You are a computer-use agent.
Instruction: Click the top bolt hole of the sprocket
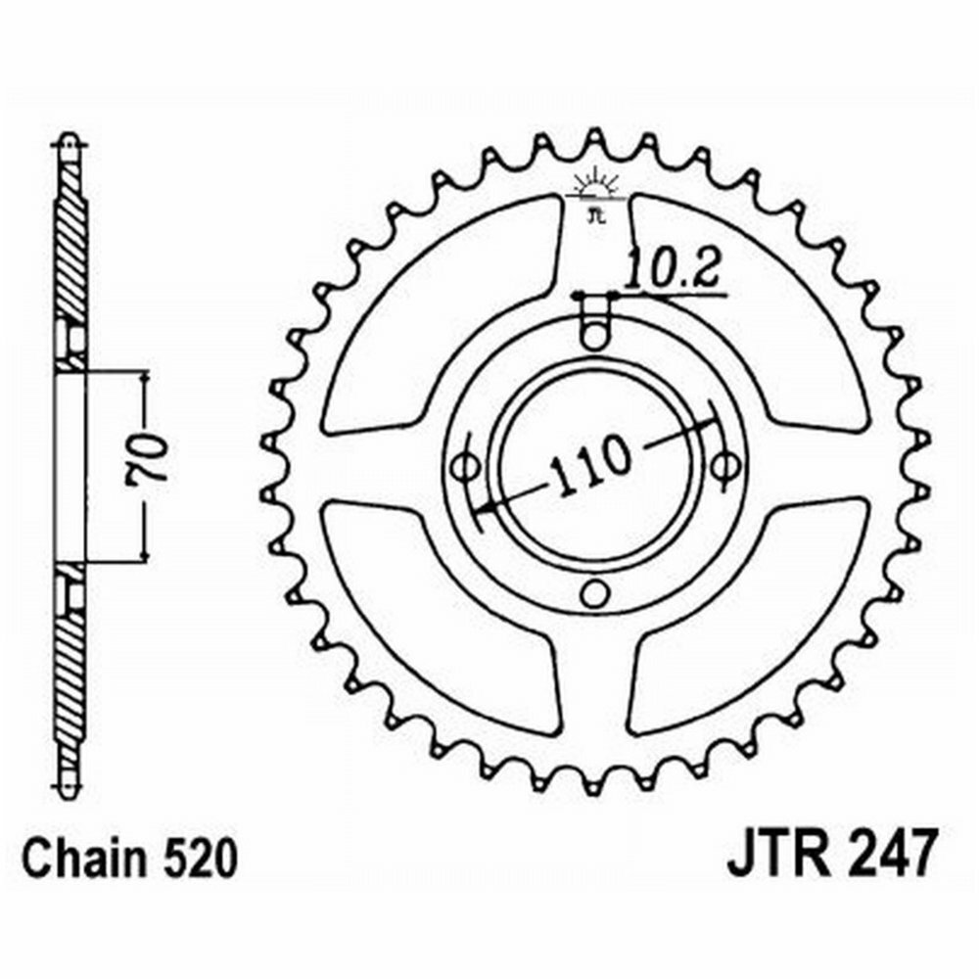(x=593, y=337)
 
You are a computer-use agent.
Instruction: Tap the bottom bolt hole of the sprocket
(x=593, y=591)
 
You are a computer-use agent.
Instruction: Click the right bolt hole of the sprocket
(x=723, y=463)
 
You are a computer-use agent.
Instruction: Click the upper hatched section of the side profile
(x=71, y=245)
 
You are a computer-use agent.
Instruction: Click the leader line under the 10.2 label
(x=676, y=293)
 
